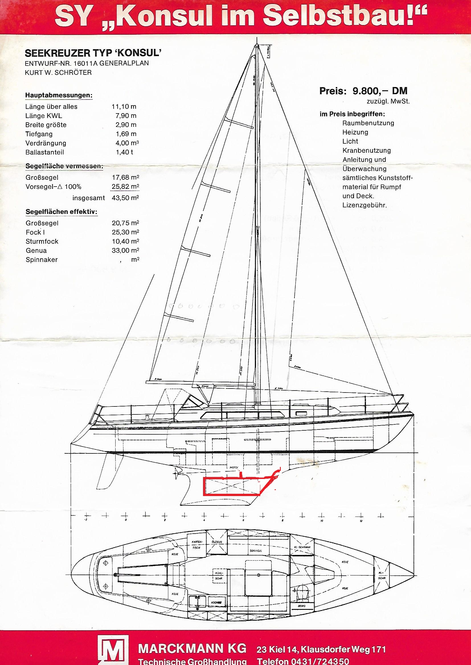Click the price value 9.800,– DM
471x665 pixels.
[x=380, y=91]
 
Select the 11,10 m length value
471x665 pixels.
[x=124, y=107]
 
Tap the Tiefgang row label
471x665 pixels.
[x=39, y=134]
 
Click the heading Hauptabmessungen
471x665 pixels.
[x=59, y=95]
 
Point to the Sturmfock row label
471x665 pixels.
[x=42, y=241]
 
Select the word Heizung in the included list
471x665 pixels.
[x=355, y=132]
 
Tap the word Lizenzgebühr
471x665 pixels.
[x=364, y=205]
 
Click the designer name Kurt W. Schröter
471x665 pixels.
[x=58, y=73]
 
